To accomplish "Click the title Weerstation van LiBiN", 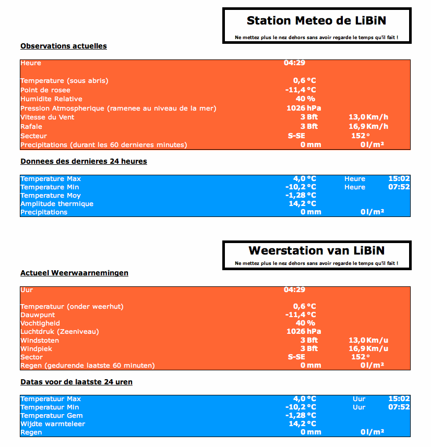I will [x=317, y=251].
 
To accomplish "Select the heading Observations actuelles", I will [x=64, y=46].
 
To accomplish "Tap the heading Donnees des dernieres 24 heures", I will [x=83, y=161].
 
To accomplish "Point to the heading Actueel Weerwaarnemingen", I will [x=74, y=273].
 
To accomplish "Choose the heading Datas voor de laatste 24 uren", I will [x=76, y=382].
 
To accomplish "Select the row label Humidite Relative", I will [x=51, y=99].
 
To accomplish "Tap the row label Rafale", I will [x=31, y=127].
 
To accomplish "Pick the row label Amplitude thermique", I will [x=57, y=204].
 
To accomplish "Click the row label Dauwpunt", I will [x=38, y=315].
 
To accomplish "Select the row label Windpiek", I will [x=36, y=348].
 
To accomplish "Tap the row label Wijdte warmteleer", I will [x=53, y=424].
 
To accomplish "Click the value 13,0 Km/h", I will [x=368, y=117].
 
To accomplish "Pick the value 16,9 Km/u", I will [x=368, y=348].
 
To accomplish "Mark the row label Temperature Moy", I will [x=51, y=196].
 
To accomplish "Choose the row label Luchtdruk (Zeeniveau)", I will [x=59, y=332].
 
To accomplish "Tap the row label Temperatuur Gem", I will [x=52, y=416].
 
